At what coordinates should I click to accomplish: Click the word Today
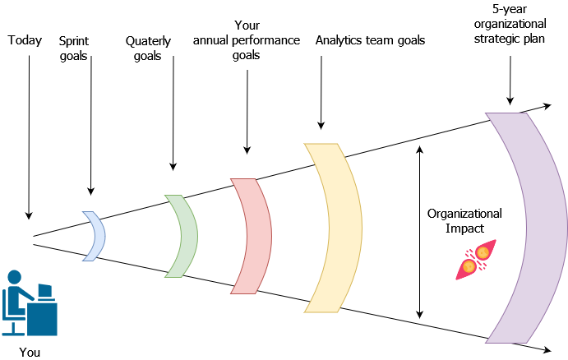25,39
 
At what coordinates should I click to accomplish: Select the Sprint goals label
74,48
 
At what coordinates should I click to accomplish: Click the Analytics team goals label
370,39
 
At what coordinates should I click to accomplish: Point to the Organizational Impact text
464,221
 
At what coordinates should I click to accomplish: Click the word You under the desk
29,352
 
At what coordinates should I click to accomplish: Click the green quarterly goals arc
184,236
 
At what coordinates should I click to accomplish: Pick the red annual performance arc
254,236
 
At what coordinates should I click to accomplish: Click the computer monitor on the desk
44,291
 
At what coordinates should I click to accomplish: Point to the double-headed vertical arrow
420,232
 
